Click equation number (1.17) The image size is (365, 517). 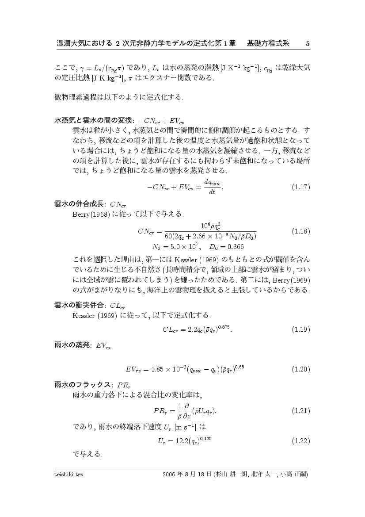301,187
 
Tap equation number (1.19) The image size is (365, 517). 301,329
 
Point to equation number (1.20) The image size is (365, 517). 301,369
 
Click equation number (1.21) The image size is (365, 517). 301,411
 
